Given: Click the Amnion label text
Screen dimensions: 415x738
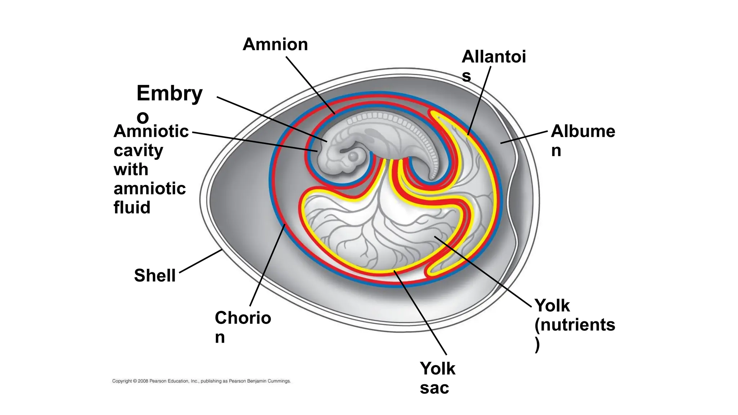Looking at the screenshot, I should tap(275, 45).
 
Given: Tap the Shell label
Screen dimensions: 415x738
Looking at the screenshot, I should tap(155, 276).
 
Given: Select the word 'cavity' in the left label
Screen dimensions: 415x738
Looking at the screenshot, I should tap(138, 151).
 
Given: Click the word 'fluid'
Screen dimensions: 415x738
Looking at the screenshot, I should tap(132, 207).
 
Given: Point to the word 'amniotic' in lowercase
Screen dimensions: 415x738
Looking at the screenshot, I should tap(150, 188).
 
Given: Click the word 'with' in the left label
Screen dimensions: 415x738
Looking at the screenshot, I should tap(131, 169).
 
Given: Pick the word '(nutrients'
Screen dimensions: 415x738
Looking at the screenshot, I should tap(574, 325).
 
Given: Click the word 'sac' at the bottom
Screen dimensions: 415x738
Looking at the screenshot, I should tap(434, 388).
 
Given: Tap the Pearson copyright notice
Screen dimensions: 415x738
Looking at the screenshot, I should tap(201, 381).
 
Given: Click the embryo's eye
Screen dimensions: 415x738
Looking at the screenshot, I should tap(353, 156).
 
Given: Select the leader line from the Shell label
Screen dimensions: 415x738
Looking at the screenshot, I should tap(200, 261).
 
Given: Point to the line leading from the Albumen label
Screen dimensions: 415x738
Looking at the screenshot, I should tap(524, 137).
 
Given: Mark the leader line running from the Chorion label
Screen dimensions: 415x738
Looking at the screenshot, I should tap(267, 265).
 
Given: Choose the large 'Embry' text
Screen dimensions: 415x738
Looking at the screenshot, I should tap(169, 94).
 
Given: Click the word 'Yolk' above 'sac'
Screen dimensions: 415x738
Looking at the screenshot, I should tap(437, 369).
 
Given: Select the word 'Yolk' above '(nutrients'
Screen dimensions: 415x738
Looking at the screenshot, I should tap(552, 306).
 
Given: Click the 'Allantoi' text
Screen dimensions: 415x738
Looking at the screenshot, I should tap(494, 57).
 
